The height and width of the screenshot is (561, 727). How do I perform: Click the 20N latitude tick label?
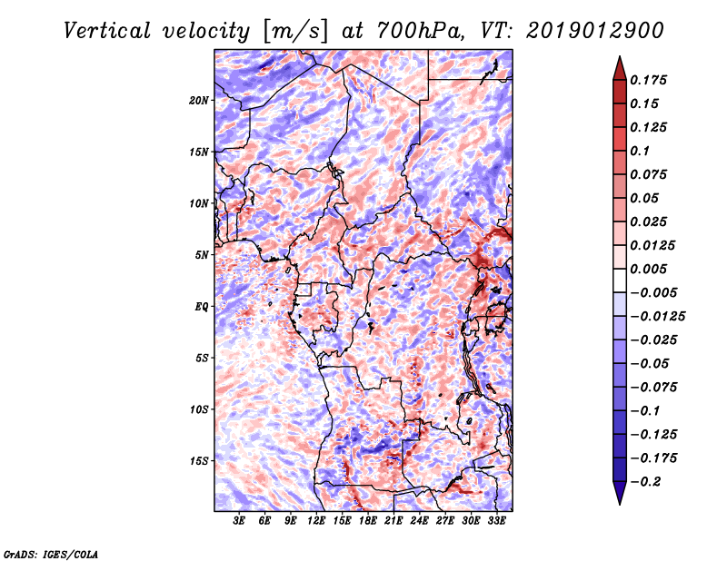199,101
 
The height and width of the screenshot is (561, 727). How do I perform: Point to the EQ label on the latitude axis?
202,307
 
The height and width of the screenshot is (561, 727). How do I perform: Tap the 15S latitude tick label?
199,461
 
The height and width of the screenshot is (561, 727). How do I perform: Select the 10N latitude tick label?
199,203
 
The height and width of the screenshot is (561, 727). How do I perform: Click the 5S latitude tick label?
202,358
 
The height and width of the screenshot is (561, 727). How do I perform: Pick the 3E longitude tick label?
239,521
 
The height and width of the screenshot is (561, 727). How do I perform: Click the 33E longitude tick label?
496,521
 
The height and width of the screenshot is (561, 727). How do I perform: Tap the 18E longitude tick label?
368,521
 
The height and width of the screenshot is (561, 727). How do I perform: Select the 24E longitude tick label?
419,521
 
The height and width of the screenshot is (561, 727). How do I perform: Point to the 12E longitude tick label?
316,521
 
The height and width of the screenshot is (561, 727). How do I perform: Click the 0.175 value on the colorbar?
649,80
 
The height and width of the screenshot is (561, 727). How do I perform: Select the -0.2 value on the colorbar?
645,482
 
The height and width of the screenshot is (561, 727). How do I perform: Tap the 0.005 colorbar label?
649,269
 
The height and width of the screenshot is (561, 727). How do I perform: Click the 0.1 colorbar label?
640,151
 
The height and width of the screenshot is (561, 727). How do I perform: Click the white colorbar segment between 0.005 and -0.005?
620,280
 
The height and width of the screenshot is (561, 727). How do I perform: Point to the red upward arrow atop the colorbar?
620,68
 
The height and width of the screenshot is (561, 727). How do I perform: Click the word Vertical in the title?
107,31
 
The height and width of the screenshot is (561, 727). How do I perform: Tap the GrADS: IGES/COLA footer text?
51,554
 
